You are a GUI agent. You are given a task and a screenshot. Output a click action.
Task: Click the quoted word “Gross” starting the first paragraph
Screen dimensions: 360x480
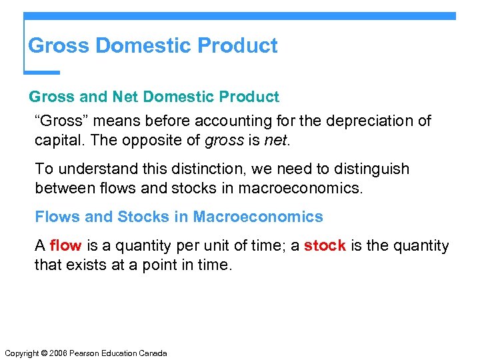tap(60, 121)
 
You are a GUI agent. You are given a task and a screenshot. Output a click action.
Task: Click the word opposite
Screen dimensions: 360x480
tap(154, 140)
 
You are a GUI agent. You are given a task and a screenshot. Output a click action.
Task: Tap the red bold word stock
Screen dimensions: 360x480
tap(325, 245)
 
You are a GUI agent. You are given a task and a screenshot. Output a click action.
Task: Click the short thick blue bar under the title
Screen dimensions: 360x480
tap(42, 72)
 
